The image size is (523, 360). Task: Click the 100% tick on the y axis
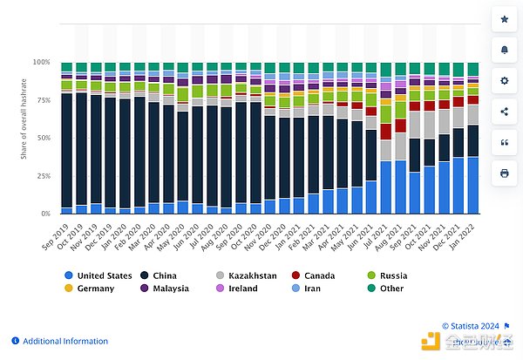(x=42, y=63)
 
